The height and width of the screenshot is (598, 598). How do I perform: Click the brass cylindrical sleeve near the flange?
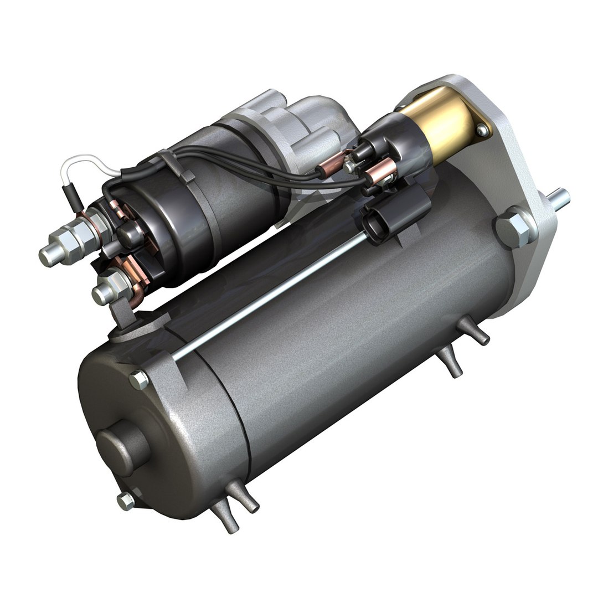(x=443, y=125)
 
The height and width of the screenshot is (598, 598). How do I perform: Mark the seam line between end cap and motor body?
(x=224, y=410)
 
